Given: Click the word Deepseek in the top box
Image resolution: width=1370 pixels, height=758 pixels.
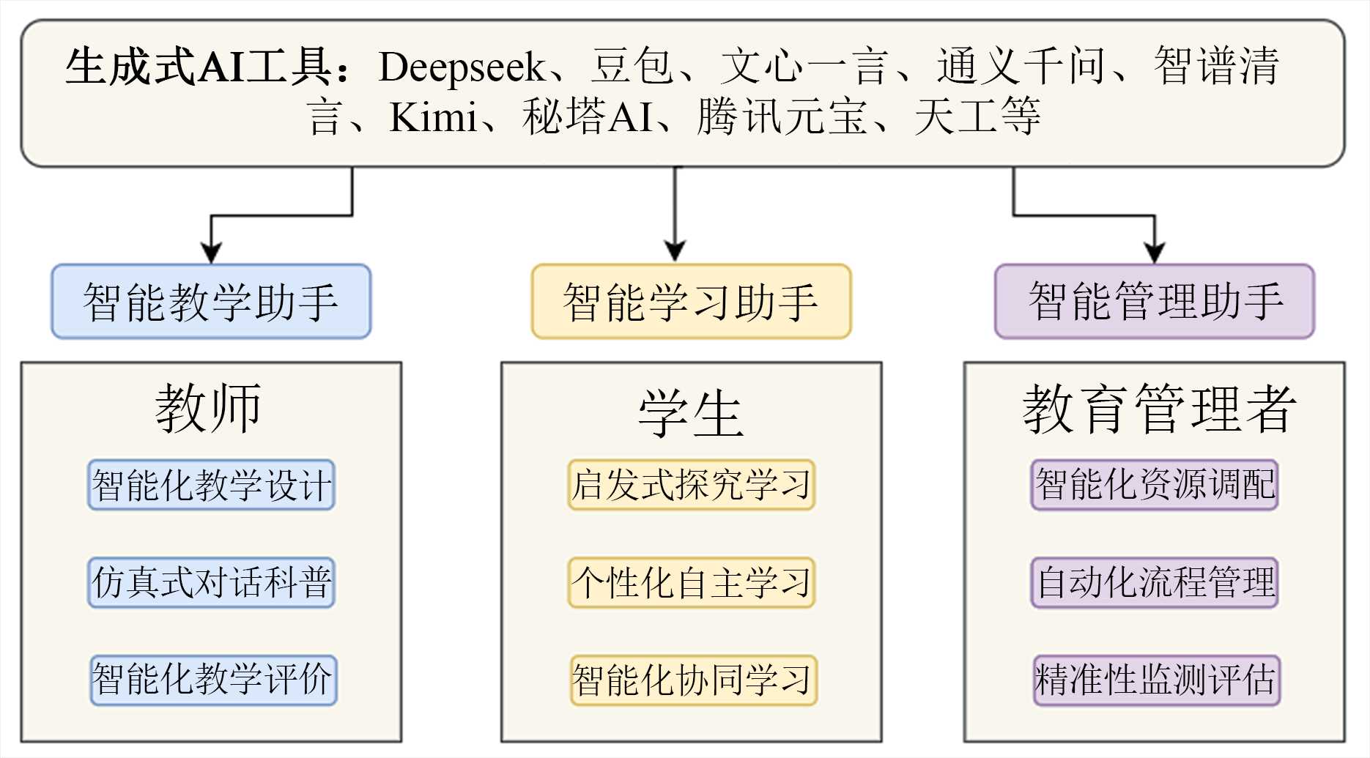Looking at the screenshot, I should (461, 67).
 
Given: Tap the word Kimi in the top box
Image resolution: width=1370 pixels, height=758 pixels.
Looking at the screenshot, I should (432, 117).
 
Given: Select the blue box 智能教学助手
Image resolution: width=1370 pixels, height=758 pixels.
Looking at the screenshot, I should (211, 301).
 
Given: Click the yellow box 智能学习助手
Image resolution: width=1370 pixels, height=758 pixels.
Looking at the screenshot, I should (691, 301).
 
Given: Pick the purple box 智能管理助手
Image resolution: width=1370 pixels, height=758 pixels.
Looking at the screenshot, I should (1155, 301).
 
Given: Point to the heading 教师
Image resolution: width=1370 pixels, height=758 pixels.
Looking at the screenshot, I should (208, 409).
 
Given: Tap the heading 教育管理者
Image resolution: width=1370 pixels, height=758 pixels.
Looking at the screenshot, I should (1159, 409).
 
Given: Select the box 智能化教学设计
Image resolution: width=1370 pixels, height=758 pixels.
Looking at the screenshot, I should (211, 485).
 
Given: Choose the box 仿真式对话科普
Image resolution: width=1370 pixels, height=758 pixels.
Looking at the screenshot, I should (211, 582).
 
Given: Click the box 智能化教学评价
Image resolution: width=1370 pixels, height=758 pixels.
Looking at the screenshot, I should (213, 680).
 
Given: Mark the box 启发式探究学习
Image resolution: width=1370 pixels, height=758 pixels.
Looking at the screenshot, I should (691, 485).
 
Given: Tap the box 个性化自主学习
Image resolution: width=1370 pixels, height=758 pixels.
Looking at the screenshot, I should (691, 582).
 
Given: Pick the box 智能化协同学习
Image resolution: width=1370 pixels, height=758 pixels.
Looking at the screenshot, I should (693, 680).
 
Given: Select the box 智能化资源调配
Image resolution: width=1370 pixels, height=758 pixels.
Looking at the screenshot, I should (1155, 485).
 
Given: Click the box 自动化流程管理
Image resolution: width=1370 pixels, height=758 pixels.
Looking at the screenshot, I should (1155, 582).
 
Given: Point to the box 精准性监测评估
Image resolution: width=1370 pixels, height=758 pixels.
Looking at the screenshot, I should (1157, 680).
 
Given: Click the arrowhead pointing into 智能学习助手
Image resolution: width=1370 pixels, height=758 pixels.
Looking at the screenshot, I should (675, 251).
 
